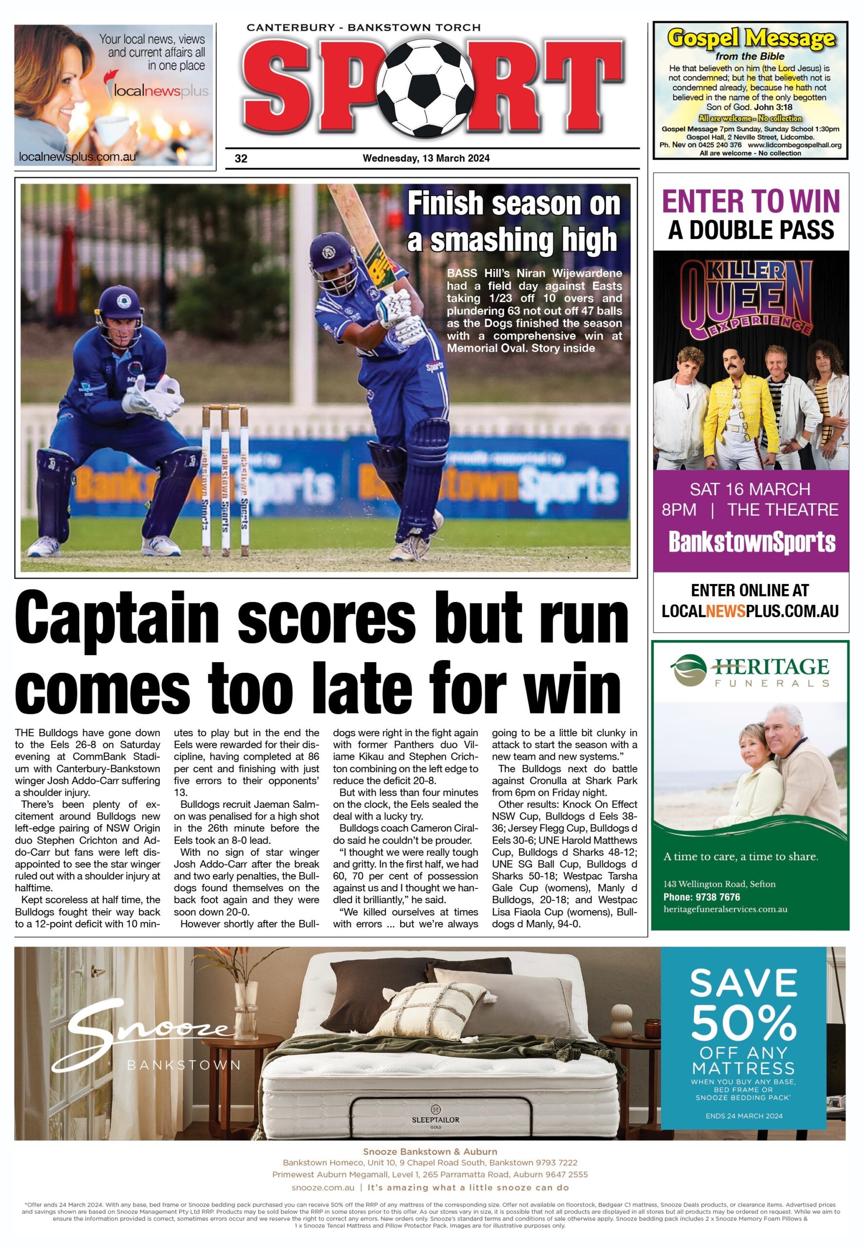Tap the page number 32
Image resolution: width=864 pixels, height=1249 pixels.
241,159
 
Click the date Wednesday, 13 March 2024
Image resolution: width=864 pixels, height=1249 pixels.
426,159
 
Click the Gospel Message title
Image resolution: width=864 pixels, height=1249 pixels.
750,39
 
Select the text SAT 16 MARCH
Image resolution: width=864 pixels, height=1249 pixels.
750,489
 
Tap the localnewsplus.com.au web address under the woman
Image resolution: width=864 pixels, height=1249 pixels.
77,157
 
